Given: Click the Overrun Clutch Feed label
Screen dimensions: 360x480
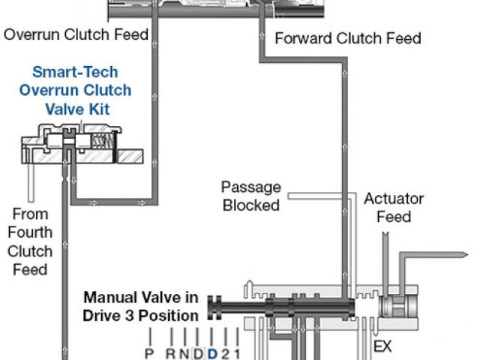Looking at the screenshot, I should [x=76, y=34].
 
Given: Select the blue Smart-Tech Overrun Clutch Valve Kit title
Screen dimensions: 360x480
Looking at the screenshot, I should [x=82, y=91].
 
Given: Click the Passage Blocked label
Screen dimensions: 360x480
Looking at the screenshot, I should [x=250, y=196].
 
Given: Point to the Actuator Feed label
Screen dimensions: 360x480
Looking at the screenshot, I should [x=394, y=208].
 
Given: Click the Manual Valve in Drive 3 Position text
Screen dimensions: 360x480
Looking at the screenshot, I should [x=142, y=305].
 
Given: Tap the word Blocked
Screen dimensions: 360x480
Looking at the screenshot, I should [x=250, y=204].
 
